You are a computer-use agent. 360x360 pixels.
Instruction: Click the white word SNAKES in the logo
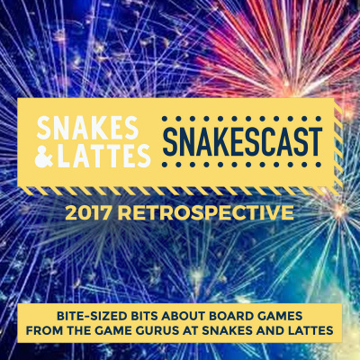point(87,125)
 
